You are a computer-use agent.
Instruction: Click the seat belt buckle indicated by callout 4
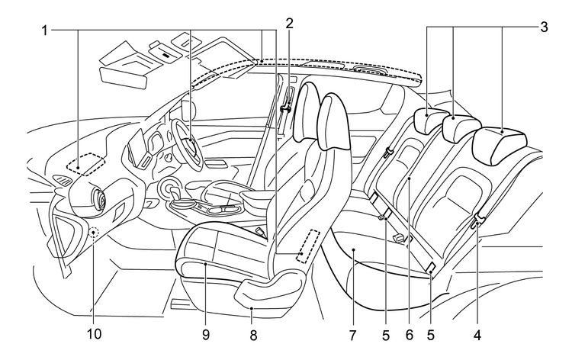click(477, 221)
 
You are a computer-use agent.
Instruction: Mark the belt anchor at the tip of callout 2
click(286, 109)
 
